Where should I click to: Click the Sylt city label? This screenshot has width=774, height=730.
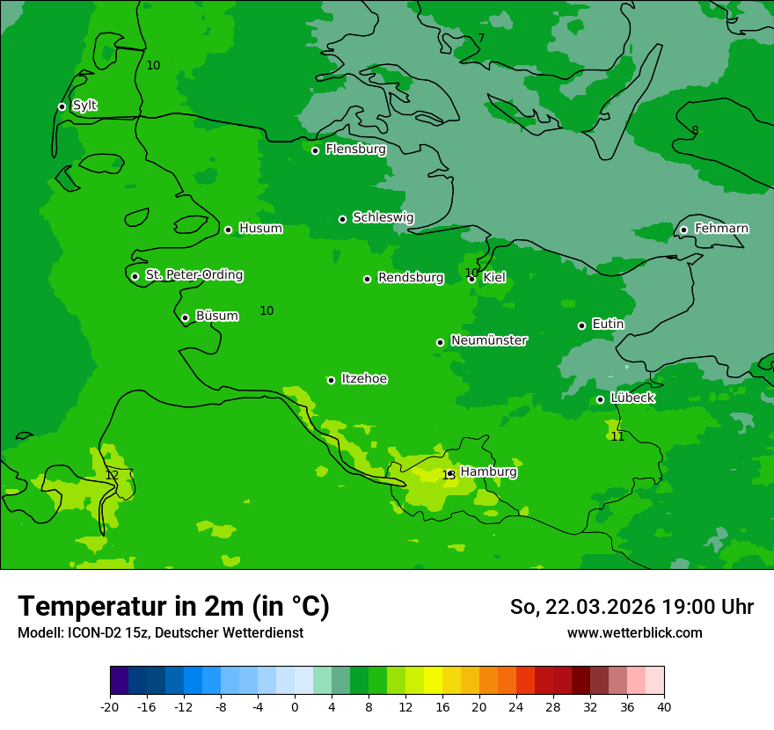tap(84, 106)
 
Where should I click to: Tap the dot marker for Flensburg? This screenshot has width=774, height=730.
tap(315, 150)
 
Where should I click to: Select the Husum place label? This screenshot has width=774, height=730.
tap(260, 229)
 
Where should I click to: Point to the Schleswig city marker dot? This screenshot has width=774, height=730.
tap(342, 219)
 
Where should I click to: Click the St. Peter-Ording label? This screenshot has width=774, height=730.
tap(193, 275)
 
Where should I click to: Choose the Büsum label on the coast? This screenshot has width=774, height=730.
tap(216, 316)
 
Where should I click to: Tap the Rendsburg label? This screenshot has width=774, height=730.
tap(410, 278)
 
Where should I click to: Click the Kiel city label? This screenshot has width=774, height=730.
tap(493, 278)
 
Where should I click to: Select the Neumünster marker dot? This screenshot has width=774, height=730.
tap(440, 342)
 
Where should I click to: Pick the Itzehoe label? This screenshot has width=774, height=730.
tap(364, 379)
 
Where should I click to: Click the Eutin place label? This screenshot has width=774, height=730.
tap(608, 325)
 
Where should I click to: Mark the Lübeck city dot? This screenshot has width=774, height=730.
tap(600, 399)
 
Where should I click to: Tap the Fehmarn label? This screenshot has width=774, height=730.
tap(721, 229)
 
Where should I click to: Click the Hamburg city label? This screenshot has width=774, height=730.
tap(488, 472)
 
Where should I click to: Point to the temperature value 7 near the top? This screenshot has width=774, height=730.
tap(480, 38)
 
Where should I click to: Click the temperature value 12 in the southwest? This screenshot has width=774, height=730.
tap(112, 475)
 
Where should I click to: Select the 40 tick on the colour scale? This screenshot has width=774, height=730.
tap(664, 706)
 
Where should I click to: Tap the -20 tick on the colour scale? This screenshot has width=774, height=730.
tap(110, 706)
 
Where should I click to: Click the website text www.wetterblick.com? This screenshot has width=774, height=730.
tap(634, 633)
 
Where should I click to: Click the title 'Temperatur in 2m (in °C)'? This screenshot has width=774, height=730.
tap(173, 607)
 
